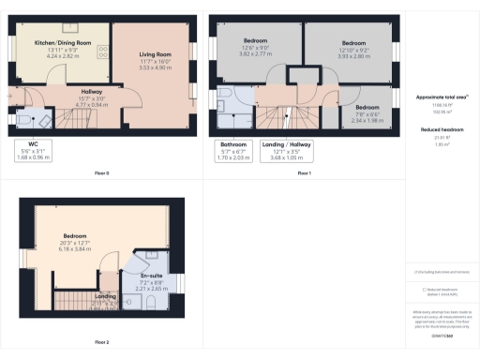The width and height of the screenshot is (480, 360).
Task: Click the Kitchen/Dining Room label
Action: (x=63, y=43)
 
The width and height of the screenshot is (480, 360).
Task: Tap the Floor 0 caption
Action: (x=102, y=173)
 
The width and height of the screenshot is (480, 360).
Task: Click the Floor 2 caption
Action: (x=102, y=342)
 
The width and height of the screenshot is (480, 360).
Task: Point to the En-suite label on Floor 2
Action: (x=151, y=257)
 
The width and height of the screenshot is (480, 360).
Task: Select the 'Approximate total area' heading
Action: (x=440, y=97)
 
